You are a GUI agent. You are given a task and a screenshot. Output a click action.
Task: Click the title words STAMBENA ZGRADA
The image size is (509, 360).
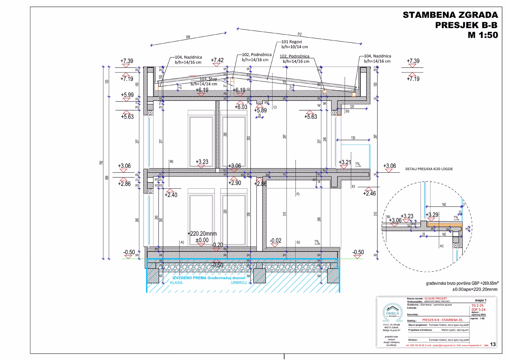coord(450,15)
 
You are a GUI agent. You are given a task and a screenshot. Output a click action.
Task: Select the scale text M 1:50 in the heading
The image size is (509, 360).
coord(482,35)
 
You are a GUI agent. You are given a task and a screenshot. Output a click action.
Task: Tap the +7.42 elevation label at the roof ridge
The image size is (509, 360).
coord(217,60)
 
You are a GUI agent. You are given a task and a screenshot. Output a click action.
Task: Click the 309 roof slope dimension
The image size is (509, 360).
coord(188,37)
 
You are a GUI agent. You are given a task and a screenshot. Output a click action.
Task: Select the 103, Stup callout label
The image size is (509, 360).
coord(208,79)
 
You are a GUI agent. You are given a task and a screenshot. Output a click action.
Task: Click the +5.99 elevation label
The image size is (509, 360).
coord(127,95)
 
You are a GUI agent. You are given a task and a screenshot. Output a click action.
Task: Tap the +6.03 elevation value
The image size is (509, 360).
coord(241,107)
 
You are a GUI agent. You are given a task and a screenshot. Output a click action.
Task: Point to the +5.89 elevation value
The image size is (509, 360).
coord(260,111)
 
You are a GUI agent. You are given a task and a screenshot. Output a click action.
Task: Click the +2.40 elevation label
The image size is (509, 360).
coord(171,195)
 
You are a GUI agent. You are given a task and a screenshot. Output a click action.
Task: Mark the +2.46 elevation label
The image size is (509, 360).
coord(369,193)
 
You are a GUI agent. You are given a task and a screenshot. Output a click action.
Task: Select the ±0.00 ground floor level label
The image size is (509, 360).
coord(202,240)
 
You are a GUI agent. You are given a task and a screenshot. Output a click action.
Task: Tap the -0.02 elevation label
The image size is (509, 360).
coord(276,240)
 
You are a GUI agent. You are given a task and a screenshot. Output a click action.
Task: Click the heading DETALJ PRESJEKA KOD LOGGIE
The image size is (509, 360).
coord(429,169)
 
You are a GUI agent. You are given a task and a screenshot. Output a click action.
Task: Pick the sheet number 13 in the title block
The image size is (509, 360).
coord(493,344)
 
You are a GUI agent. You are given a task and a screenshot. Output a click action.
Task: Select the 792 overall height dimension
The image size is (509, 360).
coord(101,163)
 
